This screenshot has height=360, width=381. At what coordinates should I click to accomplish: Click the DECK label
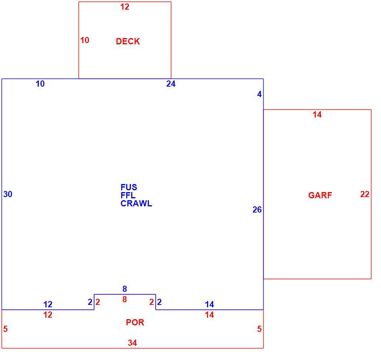pyautogui.click(x=128, y=41)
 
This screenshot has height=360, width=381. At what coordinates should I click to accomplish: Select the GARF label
pyautogui.click(x=320, y=195)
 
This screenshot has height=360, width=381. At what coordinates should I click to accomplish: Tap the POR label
pyautogui.click(x=135, y=322)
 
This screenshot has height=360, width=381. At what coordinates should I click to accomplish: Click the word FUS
pyautogui.click(x=129, y=187)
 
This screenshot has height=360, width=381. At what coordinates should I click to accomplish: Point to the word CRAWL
pyautogui.click(x=136, y=203)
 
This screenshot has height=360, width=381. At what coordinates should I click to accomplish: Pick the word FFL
pyautogui.click(x=128, y=195)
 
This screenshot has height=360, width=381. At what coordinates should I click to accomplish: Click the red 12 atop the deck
pyautogui.click(x=125, y=7)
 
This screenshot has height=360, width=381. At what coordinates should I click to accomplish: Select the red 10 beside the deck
pyautogui.click(x=85, y=40)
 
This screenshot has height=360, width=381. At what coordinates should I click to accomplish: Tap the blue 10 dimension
pyautogui.click(x=40, y=84)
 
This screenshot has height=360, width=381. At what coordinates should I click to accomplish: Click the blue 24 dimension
pyautogui.click(x=171, y=84)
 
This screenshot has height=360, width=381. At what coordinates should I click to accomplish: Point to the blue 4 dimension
pyautogui.click(x=259, y=94)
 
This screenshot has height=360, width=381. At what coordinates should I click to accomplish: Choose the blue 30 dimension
pyautogui.click(x=8, y=194)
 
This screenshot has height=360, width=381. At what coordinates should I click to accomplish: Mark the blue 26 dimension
pyautogui.click(x=257, y=209)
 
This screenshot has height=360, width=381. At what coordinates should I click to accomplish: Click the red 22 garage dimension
pyautogui.click(x=365, y=194)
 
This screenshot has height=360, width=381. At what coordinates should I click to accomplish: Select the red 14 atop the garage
pyautogui.click(x=317, y=114)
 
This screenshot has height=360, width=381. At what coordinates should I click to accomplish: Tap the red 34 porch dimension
pyautogui.click(x=132, y=343)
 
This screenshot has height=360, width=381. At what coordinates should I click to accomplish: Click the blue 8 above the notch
pyautogui.click(x=125, y=289)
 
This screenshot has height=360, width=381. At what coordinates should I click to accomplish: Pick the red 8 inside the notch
pyautogui.click(x=125, y=300)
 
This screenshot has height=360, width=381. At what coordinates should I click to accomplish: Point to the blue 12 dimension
pyautogui.click(x=48, y=304)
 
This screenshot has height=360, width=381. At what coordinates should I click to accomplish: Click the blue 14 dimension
pyautogui.click(x=209, y=304)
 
